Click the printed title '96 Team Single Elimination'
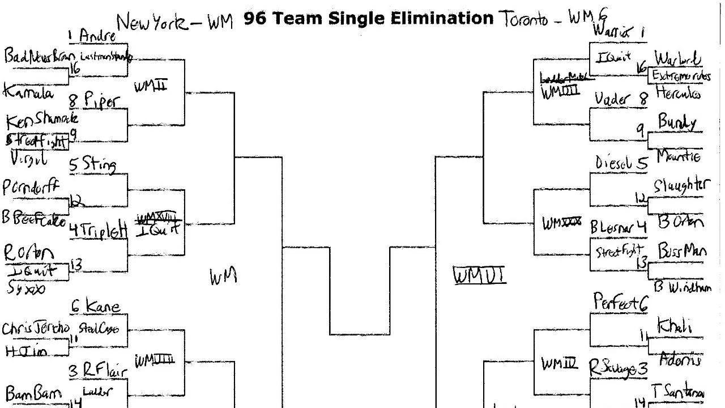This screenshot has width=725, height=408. coord(368,19)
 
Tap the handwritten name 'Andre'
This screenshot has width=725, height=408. coord(97,36)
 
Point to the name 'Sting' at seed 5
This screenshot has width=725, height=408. coord(100,165)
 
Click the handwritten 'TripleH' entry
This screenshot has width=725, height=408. coord(104,231)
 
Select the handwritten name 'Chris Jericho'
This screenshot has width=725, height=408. coord(35,329)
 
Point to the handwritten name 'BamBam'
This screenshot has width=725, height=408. coord(28,393)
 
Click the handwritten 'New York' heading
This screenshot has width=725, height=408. coord(151,23)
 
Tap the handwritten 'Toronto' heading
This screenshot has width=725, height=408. coord(523,19)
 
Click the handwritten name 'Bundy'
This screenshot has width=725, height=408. coord(677,122)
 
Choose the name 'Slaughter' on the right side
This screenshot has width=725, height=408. coord(680,186)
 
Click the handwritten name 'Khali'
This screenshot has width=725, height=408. coord(674,326)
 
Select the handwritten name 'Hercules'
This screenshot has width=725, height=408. coord(678,92)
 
